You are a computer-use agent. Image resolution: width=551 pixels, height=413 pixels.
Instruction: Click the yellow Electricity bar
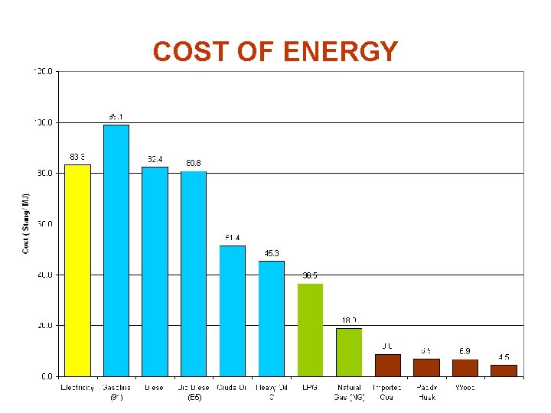click(77, 270)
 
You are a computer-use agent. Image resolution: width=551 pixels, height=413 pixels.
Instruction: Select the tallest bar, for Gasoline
click(116, 250)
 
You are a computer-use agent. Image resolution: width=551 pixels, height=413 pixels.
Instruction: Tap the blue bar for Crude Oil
click(233, 311)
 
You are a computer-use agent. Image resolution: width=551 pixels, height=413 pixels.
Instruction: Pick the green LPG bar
click(310, 330)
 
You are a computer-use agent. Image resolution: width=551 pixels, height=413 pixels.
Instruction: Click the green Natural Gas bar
click(349, 352)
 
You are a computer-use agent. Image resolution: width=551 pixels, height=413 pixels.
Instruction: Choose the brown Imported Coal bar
click(388, 365)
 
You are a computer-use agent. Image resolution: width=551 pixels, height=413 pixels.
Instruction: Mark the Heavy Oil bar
click(272, 318)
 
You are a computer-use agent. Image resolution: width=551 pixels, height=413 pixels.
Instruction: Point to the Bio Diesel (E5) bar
click(194, 273)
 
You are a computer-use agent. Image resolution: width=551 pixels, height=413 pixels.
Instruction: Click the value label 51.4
click(233, 238)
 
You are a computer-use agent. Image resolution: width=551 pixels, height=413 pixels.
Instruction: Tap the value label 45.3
click(272, 253)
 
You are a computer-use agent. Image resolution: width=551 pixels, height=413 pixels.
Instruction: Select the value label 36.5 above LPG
click(310, 275)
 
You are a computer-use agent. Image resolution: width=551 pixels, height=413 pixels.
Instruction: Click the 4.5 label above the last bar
click(504, 357)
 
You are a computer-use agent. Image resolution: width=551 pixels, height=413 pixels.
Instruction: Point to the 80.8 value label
click(194, 163)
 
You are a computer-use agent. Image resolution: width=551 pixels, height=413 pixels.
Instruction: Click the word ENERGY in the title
click(341, 52)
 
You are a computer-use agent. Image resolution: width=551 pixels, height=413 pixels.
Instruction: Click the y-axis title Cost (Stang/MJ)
click(25, 223)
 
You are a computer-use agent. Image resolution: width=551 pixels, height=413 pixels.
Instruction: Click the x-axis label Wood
click(465, 388)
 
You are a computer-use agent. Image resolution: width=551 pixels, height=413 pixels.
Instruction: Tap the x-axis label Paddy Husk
click(426, 392)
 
